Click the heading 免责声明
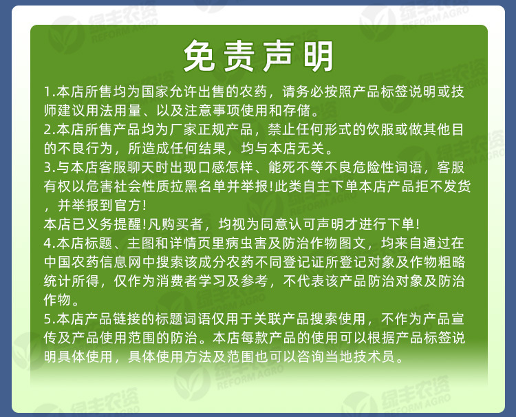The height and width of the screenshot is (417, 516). tap(258, 56)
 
